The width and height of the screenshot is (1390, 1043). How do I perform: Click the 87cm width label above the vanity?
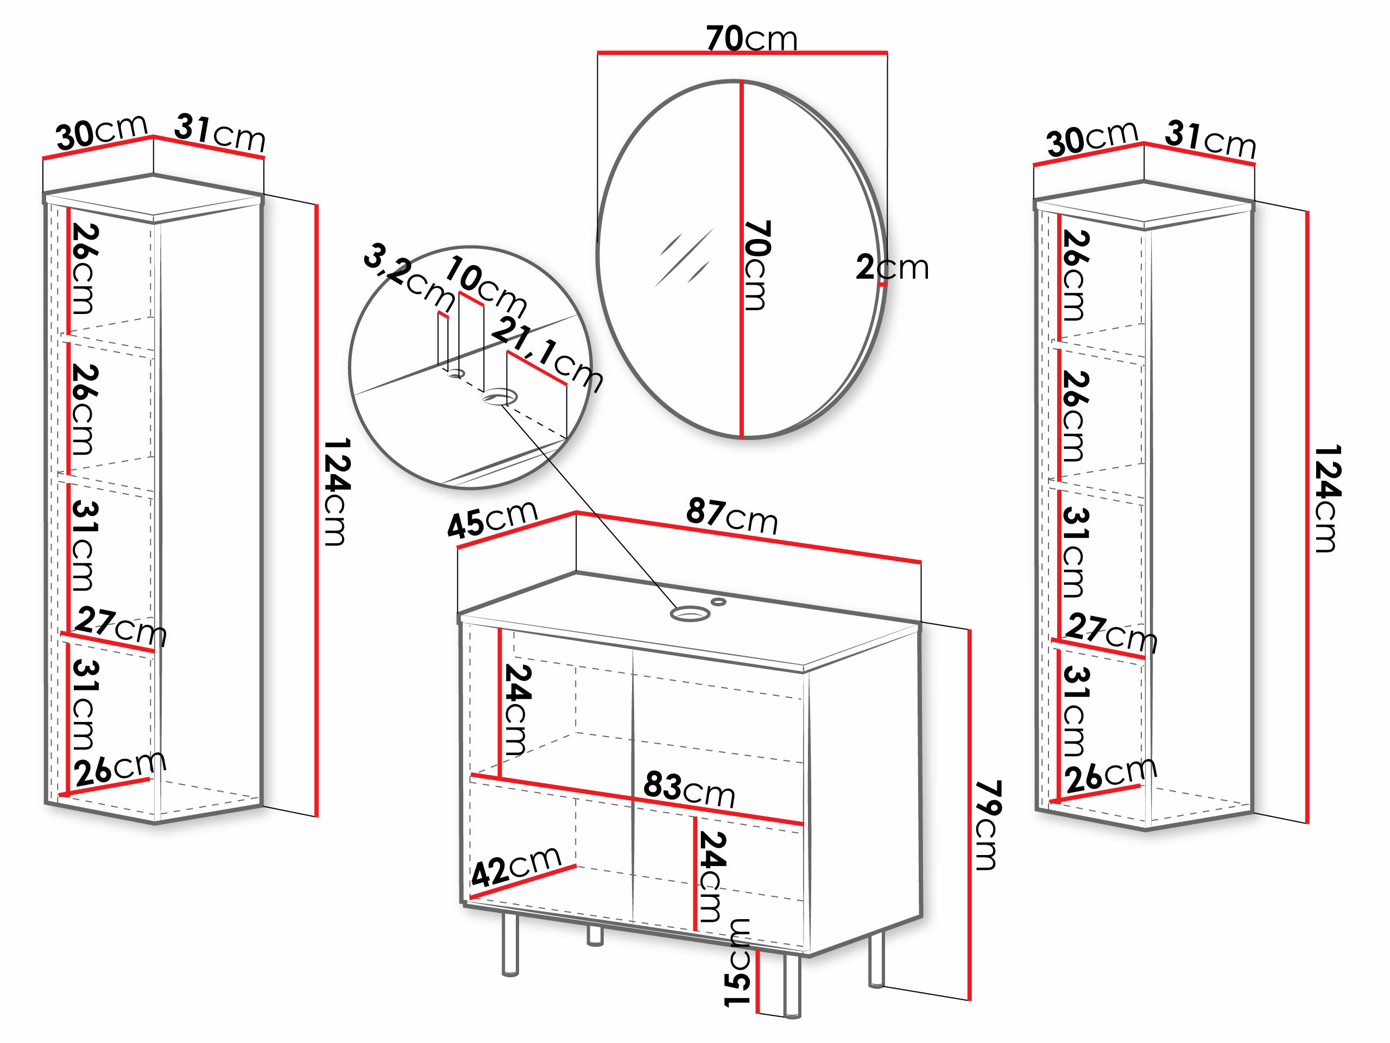731,516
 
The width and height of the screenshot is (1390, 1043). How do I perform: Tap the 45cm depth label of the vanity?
492,519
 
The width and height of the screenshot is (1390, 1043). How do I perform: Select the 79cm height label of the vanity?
987,826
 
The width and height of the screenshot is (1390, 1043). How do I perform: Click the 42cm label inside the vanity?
515,866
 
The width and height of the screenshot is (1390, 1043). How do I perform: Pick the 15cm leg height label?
737,963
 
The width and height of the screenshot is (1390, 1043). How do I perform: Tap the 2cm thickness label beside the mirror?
892,267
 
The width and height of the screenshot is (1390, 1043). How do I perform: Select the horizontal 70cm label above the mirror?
751,39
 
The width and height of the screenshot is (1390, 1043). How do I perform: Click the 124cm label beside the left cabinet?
336,492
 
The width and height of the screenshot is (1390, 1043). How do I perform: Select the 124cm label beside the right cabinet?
1327,499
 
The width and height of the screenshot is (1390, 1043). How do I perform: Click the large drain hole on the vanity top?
690,614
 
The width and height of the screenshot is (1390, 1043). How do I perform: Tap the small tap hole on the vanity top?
718,602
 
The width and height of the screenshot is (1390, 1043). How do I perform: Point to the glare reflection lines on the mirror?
684,258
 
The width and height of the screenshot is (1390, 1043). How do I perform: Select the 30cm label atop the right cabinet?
1092,139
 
